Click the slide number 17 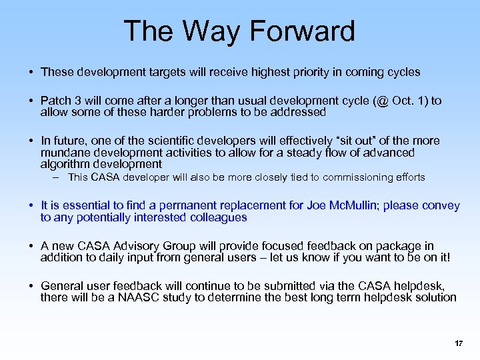(x=458, y=343)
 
